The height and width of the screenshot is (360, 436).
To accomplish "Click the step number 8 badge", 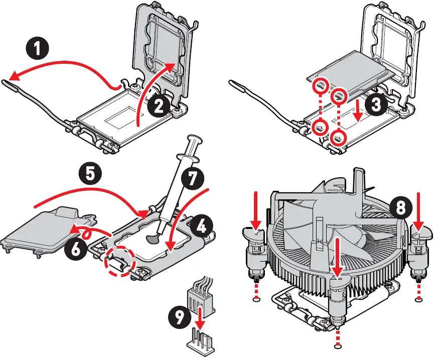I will point(400,207).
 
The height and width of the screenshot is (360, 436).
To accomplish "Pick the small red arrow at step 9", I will point(201,317).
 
